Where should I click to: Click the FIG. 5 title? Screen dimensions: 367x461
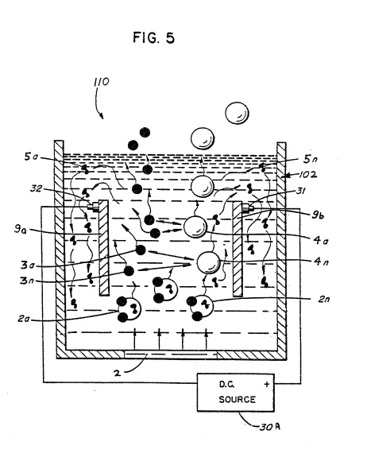tap(153, 38)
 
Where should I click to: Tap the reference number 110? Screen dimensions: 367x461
tap(102, 82)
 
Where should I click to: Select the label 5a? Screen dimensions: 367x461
tap(31, 157)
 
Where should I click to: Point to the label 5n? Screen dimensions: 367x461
tap(311, 159)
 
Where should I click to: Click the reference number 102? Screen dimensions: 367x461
tap(308, 175)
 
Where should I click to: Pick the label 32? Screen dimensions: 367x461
tap(36, 188)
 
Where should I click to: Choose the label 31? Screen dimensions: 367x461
tap(300, 191)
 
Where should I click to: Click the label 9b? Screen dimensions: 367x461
tap(318, 215)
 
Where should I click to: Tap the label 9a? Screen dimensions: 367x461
tap(21, 230)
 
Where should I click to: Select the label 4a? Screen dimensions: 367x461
tap(321, 241)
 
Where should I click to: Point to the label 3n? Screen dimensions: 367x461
tap(27, 281)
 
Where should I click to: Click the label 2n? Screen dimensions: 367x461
tap(324, 299)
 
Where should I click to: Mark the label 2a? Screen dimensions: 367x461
tap(24, 319)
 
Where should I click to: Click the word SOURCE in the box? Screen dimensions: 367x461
tap(238, 400)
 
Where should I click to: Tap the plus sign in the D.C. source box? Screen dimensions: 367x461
tap(266, 384)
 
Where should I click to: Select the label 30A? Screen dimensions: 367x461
tap(270, 427)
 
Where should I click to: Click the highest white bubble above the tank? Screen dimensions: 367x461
tap(238, 113)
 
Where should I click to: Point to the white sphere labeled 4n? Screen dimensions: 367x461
tap(208, 262)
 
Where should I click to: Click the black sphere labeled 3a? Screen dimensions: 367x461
tap(141, 250)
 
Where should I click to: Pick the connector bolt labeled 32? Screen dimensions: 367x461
tap(93, 206)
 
